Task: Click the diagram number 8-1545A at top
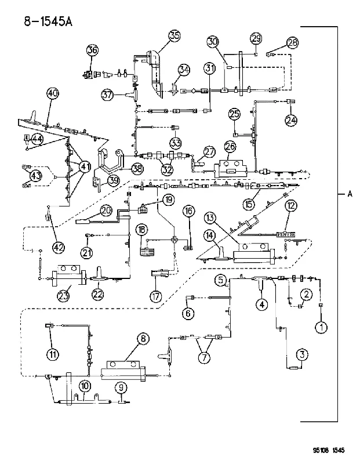48,21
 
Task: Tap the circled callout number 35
174,36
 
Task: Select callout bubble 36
92,50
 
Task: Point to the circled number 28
292,42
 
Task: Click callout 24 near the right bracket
291,120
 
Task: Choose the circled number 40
53,94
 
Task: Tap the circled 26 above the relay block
230,147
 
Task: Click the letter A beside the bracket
350,194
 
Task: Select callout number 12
291,206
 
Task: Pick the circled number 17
156,296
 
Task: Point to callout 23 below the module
64,296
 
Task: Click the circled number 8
143,339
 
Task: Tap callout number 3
302,354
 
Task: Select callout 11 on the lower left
53,354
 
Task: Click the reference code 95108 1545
329,451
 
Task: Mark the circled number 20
106,211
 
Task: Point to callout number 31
210,68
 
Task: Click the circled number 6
188,313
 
